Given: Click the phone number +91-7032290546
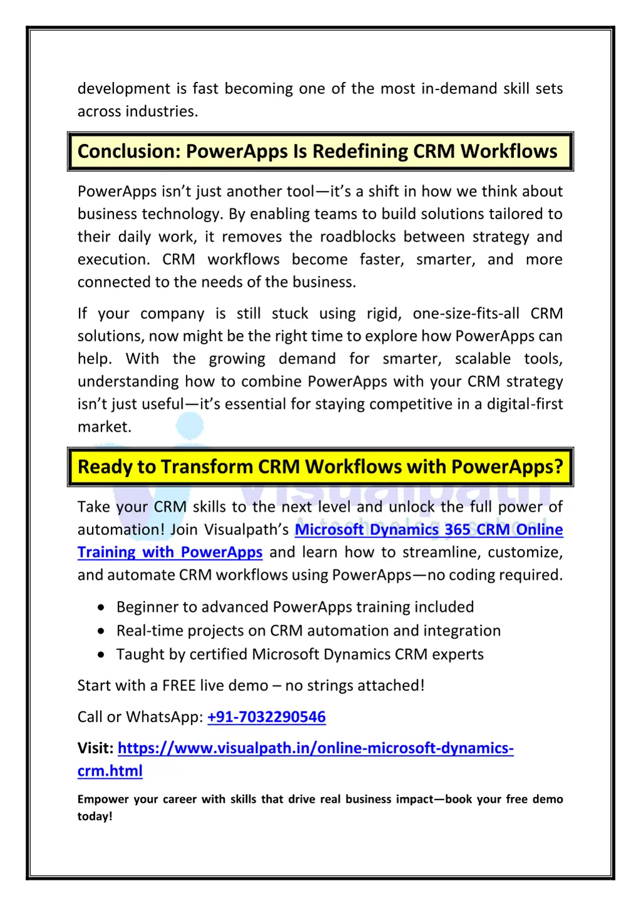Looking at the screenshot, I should tap(266, 717).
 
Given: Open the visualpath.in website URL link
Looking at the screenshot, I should tap(315, 748).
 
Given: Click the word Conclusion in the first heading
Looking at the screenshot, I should tap(128, 151).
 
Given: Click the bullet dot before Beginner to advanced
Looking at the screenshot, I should tap(101, 608).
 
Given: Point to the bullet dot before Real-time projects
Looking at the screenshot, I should tap(101, 631).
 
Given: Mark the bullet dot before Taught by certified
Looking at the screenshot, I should tap(101, 655).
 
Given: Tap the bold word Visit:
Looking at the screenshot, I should tap(95, 748).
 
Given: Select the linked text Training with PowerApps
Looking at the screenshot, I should tap(170, 552).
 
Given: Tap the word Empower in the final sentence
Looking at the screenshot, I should tap(103, 800).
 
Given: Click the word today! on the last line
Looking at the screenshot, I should tap(95, 817).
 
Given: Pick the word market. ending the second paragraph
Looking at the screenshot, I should tap(105, 427).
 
